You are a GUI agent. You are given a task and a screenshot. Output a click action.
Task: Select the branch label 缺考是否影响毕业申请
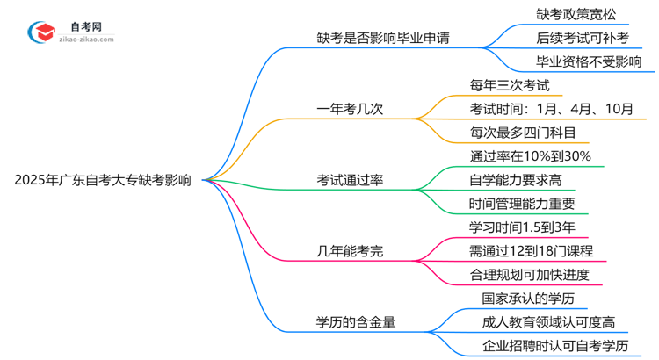click(x=386, y=38)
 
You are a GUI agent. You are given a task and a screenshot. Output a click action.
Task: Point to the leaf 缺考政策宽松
click(x=577, y=14)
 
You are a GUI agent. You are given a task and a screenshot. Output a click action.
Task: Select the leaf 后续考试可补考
click(x=583, y=38)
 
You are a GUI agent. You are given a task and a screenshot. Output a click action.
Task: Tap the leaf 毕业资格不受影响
click(x=588, y=61)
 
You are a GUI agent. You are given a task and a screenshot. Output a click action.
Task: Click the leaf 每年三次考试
click(x=510, y=85)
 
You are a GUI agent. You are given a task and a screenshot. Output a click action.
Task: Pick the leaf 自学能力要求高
click(x=516, y=180)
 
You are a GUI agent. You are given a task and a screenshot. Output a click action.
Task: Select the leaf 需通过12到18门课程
click(x=531, y=251)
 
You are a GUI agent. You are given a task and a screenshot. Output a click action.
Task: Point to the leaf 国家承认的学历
click(x=523, y=299)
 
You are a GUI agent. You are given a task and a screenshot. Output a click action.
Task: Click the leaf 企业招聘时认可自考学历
click(x=555, y=346)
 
